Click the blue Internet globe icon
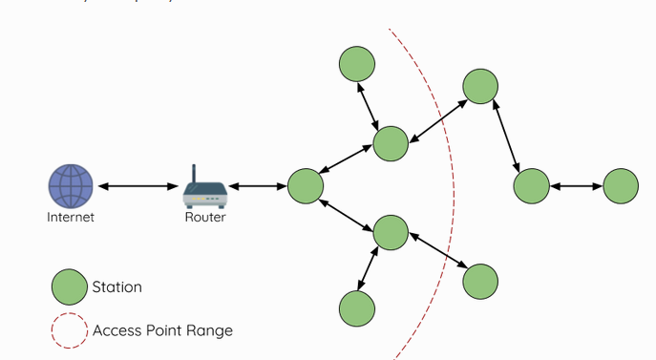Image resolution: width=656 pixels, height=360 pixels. click(72, 185)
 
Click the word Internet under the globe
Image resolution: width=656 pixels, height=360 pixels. click(72, 217)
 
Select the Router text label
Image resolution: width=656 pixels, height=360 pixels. click(205, 217)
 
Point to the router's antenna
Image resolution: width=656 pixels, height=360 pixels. click(193, 175)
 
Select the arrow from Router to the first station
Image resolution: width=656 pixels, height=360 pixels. click(254, 186)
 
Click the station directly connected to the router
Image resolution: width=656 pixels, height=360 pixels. click(306, 186)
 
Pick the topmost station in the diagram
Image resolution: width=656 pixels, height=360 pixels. click(357, 63)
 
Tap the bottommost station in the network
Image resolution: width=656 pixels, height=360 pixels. click(357, 308)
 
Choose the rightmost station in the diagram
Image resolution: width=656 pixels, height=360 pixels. click(621, 185)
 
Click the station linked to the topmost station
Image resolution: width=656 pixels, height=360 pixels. click(391, 143)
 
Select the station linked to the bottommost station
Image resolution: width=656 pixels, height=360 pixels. click(391, 233)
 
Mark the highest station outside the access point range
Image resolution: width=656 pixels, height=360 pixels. click(480, 86)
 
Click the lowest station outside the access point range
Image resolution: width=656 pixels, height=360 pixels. click(480, 281)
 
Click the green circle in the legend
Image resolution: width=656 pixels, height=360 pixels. click(69, 286)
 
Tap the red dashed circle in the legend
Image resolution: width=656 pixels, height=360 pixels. click(69, 330)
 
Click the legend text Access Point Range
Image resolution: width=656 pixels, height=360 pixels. click(162, 330)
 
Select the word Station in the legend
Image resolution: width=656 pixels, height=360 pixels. click(116, 286)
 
